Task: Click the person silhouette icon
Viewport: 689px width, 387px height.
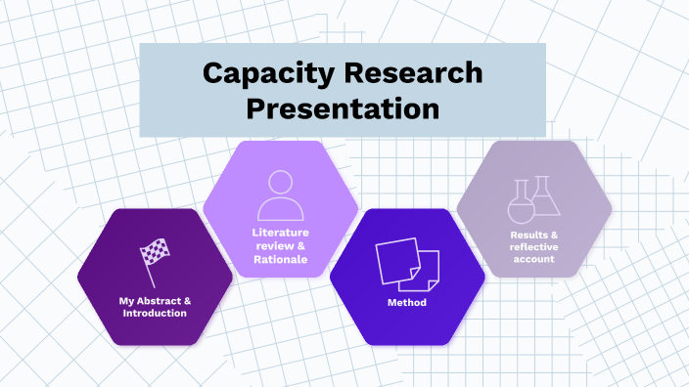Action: coord(281,195)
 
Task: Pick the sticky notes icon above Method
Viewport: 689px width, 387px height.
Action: coord(407,263)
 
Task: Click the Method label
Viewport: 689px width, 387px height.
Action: coord(407,303)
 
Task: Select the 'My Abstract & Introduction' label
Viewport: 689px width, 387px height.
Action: coord(155,307)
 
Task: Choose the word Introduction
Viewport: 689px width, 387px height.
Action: coord(155,313)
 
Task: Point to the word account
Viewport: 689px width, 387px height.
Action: coord(533,259)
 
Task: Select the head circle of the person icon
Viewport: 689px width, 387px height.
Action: coord(281,183)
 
